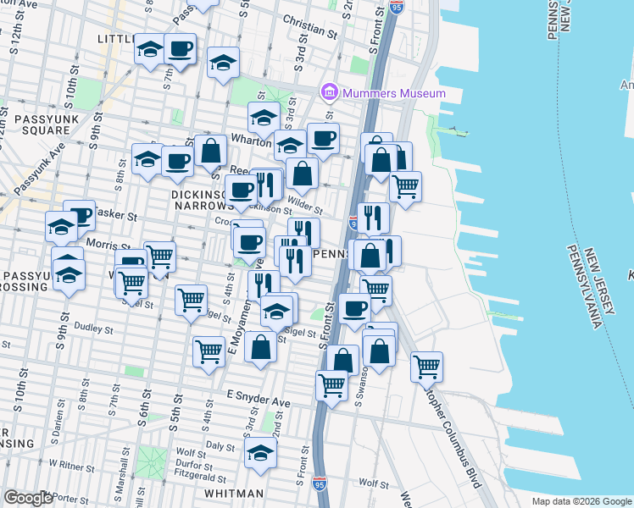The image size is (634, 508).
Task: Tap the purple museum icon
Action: [x=329, y=91]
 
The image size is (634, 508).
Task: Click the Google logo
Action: [x=28, y=498]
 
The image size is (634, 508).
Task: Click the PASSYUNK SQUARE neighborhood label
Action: [x=35, y=124]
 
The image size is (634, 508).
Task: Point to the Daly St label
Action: [x=220, y=445]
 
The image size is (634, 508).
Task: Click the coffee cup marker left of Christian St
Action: [x=179, y=49]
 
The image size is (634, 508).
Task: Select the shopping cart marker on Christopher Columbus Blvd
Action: [x=426, y=367]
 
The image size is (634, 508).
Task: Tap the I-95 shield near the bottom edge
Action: [x=319, y=483]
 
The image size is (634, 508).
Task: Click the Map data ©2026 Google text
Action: [x=581, y=501]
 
